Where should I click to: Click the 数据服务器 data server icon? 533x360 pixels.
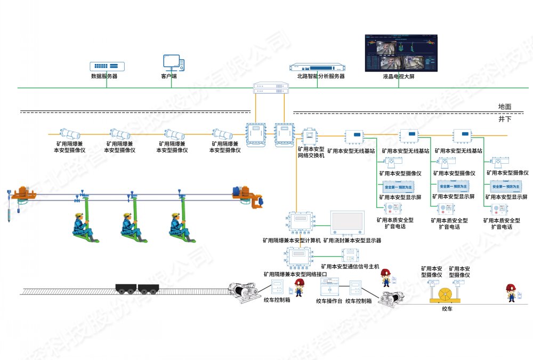tap(107, 67)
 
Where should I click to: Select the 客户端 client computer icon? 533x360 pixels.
tap(174, 62)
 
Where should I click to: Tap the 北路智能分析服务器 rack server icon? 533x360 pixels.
tap(317, 67)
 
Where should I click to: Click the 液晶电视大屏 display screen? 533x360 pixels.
tap(401, 53)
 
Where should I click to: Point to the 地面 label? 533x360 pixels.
tap(504, 107)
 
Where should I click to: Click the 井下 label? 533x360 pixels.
tap(505, 119)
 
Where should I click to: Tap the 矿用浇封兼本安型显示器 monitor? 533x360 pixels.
tap(347, 223)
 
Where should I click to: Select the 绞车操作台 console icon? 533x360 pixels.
tap(327, 289)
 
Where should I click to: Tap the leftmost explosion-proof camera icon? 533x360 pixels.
tap(69, 133)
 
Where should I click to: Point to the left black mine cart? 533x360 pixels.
tap(126, 289)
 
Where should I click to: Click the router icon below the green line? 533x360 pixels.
tap(271, 89)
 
